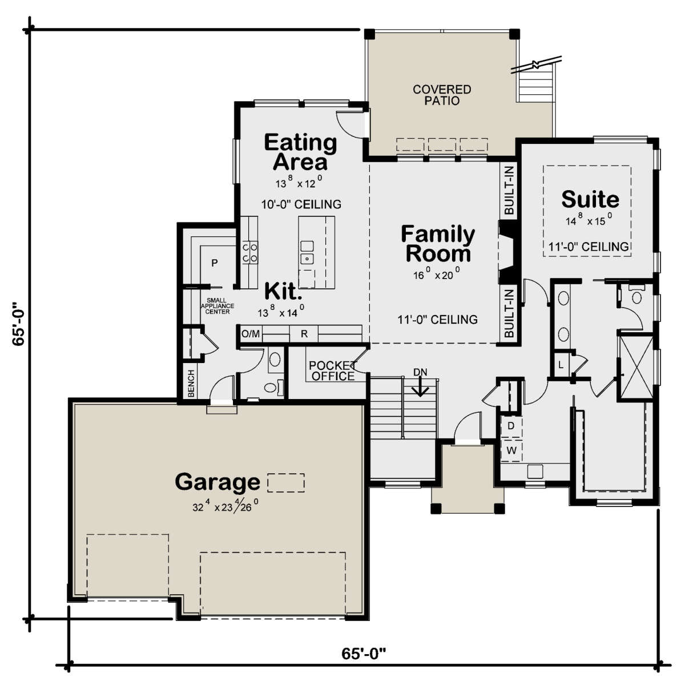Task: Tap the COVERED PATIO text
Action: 442,95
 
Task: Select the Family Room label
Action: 438,244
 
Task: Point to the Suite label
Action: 590,199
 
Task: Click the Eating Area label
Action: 300,152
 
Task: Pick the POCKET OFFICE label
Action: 333,371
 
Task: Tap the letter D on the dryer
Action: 511,425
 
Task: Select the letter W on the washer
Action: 511,450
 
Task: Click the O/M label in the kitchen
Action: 251,334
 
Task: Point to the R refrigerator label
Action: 304,334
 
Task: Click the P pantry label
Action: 215,263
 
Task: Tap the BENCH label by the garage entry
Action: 191,384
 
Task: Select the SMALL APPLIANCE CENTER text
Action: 217,306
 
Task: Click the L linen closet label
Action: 561,365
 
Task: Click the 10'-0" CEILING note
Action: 301,204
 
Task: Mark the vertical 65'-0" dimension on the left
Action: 18,324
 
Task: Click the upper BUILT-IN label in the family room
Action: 509,190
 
